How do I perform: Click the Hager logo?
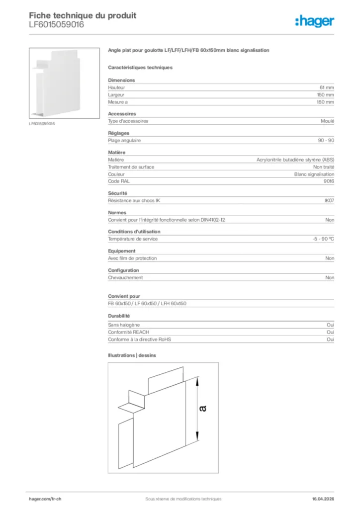tap(314, 21)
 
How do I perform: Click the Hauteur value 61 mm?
tap(326, 87)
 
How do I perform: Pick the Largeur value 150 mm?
tap(325, 94)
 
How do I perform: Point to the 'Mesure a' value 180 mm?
tap(325, 102)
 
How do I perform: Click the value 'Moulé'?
tap(328, 121)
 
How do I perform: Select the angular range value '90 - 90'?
tap(326, 141)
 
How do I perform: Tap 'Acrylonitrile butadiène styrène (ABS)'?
tap(295, 160)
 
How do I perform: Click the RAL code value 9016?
tap(329, 181)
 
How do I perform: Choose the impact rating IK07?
tap(329, 200)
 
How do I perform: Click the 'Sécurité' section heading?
tap(117, 193)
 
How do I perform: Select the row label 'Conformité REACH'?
tap(128, 332)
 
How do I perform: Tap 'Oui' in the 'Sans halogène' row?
tap(330, 325)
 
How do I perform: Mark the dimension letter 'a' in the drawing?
tap(202, 409)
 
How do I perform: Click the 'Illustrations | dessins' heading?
tap(132, 355)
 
